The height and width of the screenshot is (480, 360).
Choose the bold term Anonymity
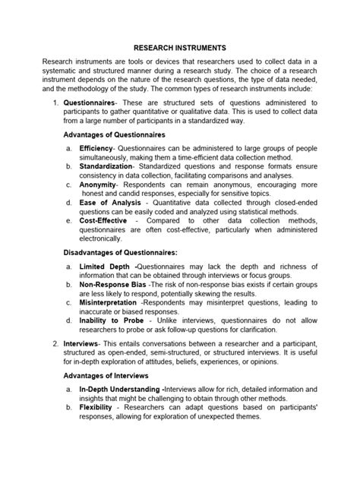[97, 183]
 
